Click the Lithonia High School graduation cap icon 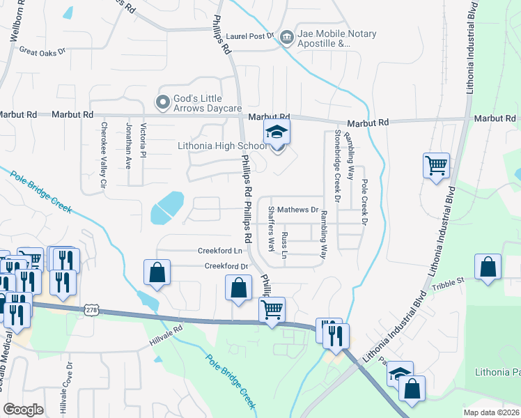[x=277, y=132]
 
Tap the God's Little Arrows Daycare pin [x=163, y=102]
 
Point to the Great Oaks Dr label [x=42, y=51]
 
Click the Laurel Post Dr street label [x=249, y=36]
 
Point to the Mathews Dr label [x=297, y=210]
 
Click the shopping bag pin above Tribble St [x=488, y=268]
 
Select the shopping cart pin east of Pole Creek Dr [x=436, y=167]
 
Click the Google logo [x=23, y=410]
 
